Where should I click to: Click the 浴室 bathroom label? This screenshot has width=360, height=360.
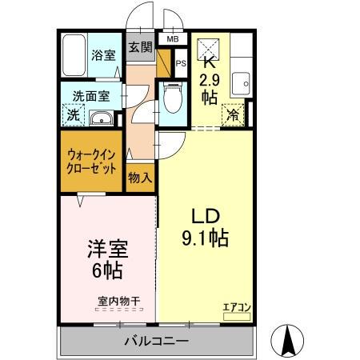pos(104,57)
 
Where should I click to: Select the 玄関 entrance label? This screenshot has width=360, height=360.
pos(141,48)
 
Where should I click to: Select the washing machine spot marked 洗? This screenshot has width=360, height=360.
pos(72,114)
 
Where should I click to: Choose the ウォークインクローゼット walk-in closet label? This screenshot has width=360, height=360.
pos(91,162)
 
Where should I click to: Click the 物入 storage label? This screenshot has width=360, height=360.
pos(140,178)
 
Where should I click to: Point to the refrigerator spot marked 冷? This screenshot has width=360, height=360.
pos(234,114)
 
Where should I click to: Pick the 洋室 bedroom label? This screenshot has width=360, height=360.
pos(106,249)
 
